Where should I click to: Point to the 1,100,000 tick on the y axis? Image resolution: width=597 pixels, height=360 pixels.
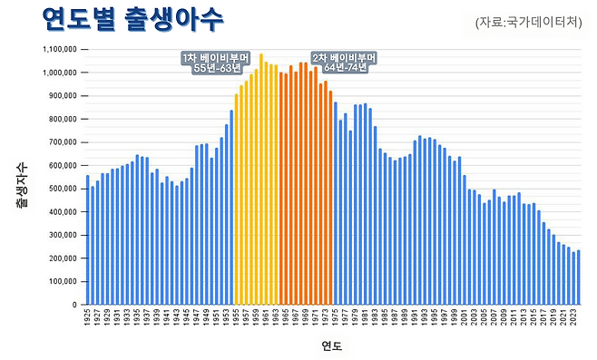coord(58,49)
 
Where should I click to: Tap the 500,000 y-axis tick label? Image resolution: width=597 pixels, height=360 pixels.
coord(62,189)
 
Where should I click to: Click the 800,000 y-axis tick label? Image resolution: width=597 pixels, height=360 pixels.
coord(62,119)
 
